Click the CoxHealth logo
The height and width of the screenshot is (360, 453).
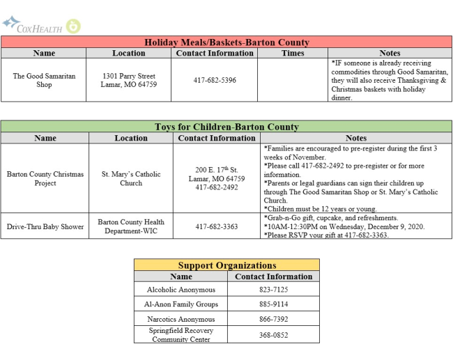41,26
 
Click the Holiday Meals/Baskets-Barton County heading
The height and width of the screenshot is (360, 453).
227,42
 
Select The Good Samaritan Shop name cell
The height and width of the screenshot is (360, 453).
44,80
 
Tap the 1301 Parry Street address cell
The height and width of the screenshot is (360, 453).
129,80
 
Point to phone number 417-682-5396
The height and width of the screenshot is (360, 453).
215,80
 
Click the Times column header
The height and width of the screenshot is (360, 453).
293,53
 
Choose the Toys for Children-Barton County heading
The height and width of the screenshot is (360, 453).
227,127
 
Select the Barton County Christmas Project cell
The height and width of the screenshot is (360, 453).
45,178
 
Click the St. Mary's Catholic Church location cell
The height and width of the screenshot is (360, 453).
131,178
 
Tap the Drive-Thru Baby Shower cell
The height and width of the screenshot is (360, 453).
45,226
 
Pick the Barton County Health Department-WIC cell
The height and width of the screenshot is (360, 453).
131,226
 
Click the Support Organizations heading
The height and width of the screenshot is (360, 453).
227,265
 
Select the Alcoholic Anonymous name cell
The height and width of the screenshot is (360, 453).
181,290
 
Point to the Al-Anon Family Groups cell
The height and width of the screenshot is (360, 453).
181,304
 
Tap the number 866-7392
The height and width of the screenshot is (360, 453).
274,319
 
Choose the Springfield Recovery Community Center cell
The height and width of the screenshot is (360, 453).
181,335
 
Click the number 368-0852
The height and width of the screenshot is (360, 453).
274,335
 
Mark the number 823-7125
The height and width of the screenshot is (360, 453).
274,290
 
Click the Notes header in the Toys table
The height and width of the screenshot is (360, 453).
356,138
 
